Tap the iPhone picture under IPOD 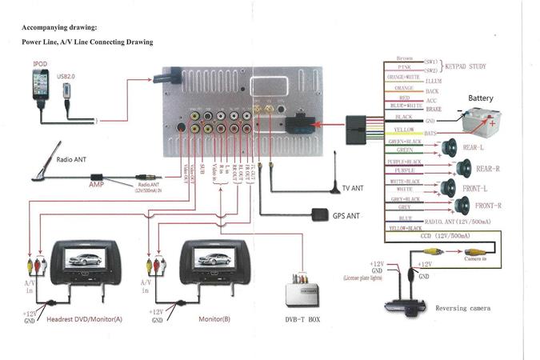pos(40,85)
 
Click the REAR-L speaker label pos(475,149)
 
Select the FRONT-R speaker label pos(487,206)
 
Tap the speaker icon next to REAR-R pos(462,168)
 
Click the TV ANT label pos(354,189)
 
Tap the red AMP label pos(97,183)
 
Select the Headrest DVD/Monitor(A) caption pos(86,318)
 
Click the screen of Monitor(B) pos(210,258)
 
